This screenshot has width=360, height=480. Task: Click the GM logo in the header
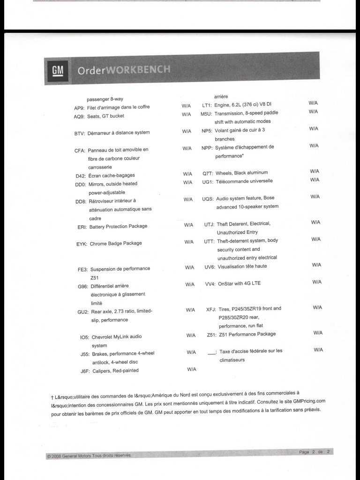pyautogui.click(x=57, y=70)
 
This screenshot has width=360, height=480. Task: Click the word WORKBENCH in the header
pyautogui.click(x=139, y=70)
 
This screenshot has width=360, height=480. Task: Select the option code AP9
pyautogui.click(x=79, y=107)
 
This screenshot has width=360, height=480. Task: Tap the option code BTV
pyautogui.click(x=79, y=133)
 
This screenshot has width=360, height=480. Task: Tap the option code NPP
pyautogui.click(x=207, y=148)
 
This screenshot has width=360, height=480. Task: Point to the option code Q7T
pyautogui.click(x=208, y=173)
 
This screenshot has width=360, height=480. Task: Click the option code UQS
pyautogui.click(x=208, y=199)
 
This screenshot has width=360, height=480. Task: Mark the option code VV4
pyautogui.click(x=210, y=284)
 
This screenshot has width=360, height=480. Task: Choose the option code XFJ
pyautogui.click(x=211, y=309)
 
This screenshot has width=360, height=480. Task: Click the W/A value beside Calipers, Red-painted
pyautogui.click(x=191, y=369)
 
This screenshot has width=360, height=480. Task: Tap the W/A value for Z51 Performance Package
pyautogui.click(x=318, y=333)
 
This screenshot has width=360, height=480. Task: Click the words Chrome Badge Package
pyautogui.click(x=115, y=244)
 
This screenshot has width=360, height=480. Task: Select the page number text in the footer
pyautogui.click(x=315, y=451)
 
